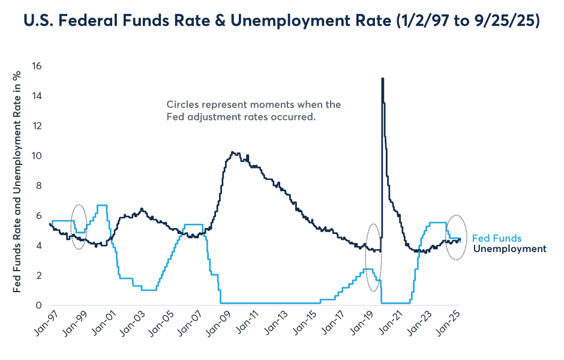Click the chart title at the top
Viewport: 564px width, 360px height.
point(281,22)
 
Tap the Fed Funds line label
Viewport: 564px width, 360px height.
point(497,238)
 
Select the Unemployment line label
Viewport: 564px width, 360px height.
point(509,248)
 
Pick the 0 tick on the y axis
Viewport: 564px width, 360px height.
point(38,305)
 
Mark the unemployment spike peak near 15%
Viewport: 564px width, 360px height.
point(382,79)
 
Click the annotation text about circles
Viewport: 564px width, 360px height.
point(253,111)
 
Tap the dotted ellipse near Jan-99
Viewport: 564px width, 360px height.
point(79,226)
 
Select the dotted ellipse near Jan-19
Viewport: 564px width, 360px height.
point(373,257)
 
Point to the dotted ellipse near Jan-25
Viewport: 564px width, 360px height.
point(458,237)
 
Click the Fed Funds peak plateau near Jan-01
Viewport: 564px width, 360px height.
point(102,205)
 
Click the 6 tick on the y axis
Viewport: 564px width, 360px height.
point(38,216)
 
